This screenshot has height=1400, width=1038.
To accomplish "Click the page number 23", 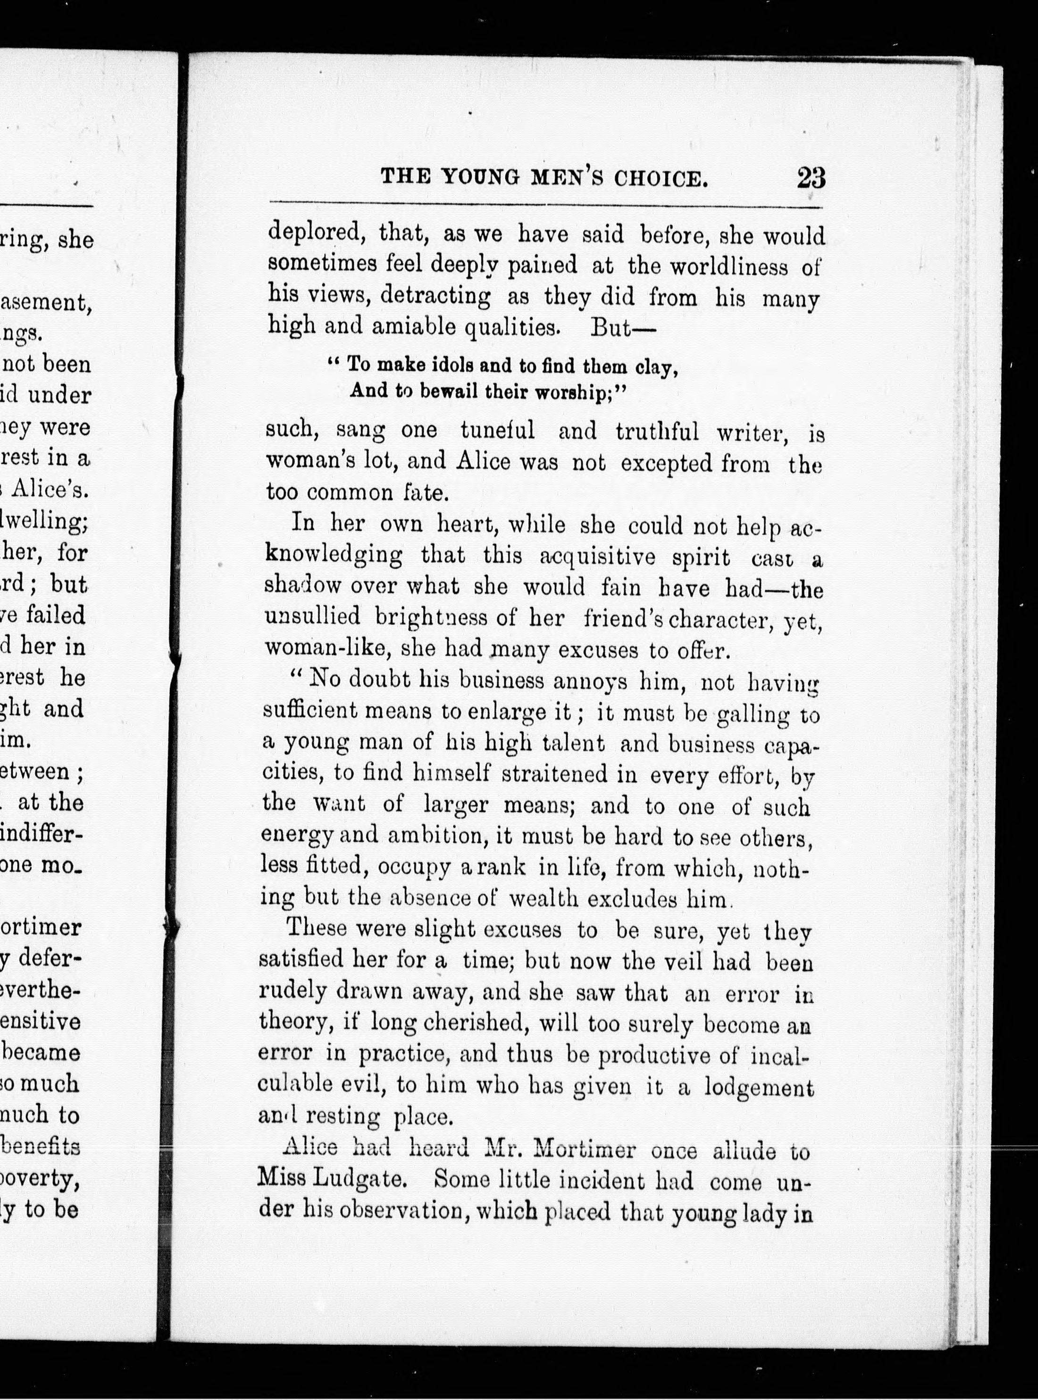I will [811, 178].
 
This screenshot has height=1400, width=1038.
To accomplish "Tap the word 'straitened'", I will [555, 773].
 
